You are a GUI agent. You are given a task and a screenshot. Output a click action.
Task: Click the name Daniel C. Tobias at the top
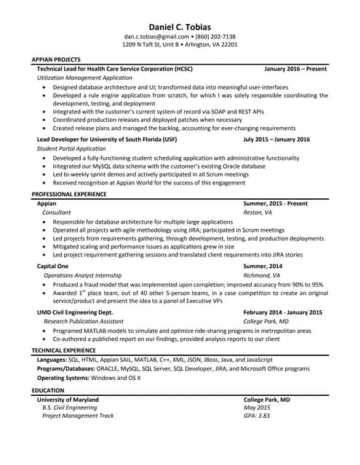point(180,25)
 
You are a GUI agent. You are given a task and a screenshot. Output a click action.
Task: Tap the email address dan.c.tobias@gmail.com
point(151,36)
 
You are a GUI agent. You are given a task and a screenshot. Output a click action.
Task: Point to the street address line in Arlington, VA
point(180,45)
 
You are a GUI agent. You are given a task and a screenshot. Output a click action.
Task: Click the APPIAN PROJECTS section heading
point(56,60)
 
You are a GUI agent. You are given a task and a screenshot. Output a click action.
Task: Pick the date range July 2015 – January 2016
point(276,139)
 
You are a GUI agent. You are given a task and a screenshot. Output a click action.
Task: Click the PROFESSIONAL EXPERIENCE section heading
point(69,195)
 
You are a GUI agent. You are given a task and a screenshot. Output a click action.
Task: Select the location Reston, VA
point(257,213)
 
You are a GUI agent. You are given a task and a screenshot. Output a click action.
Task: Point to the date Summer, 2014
point(263,267)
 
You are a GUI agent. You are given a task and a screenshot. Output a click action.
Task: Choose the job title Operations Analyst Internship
point(83,276)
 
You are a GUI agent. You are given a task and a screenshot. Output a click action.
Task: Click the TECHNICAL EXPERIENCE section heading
point(64,350)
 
